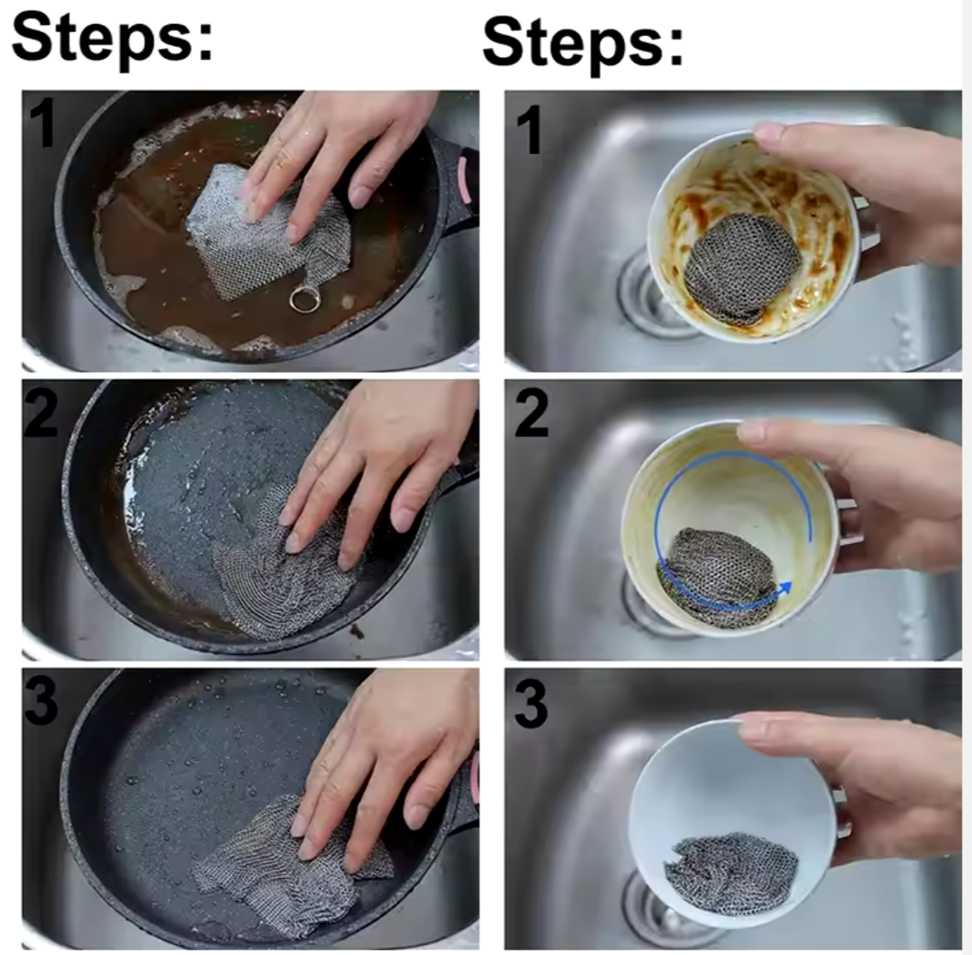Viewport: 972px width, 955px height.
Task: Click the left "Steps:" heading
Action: coord(112,39)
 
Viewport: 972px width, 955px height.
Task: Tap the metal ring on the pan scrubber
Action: coord(304,299)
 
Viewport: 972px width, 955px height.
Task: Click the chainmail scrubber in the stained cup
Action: coord(741,268)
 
